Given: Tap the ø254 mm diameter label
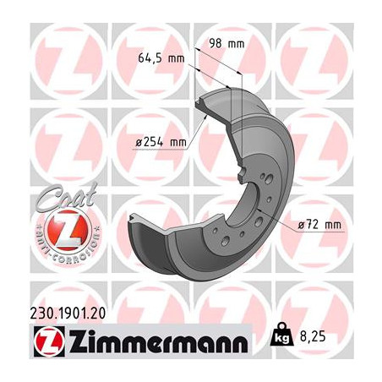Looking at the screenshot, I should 161,143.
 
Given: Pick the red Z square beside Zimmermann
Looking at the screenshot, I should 41,341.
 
